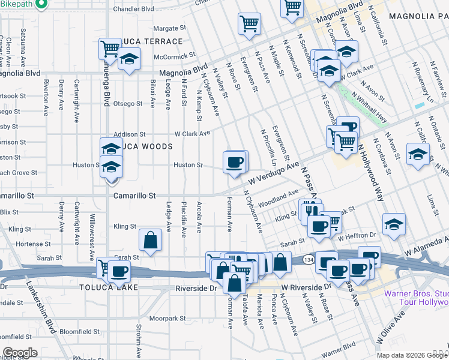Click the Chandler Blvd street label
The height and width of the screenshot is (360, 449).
(x=133, y=10)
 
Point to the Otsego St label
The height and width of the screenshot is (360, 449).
(x=128, y=103)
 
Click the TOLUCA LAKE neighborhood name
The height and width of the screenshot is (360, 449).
(x=109, y=287)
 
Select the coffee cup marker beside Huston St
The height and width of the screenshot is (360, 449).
(x=234, y=161)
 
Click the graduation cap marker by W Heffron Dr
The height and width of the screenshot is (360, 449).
(x=394, y=224)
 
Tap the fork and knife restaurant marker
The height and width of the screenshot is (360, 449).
(x=310, y=210)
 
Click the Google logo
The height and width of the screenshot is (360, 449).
(x=20, y=353)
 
